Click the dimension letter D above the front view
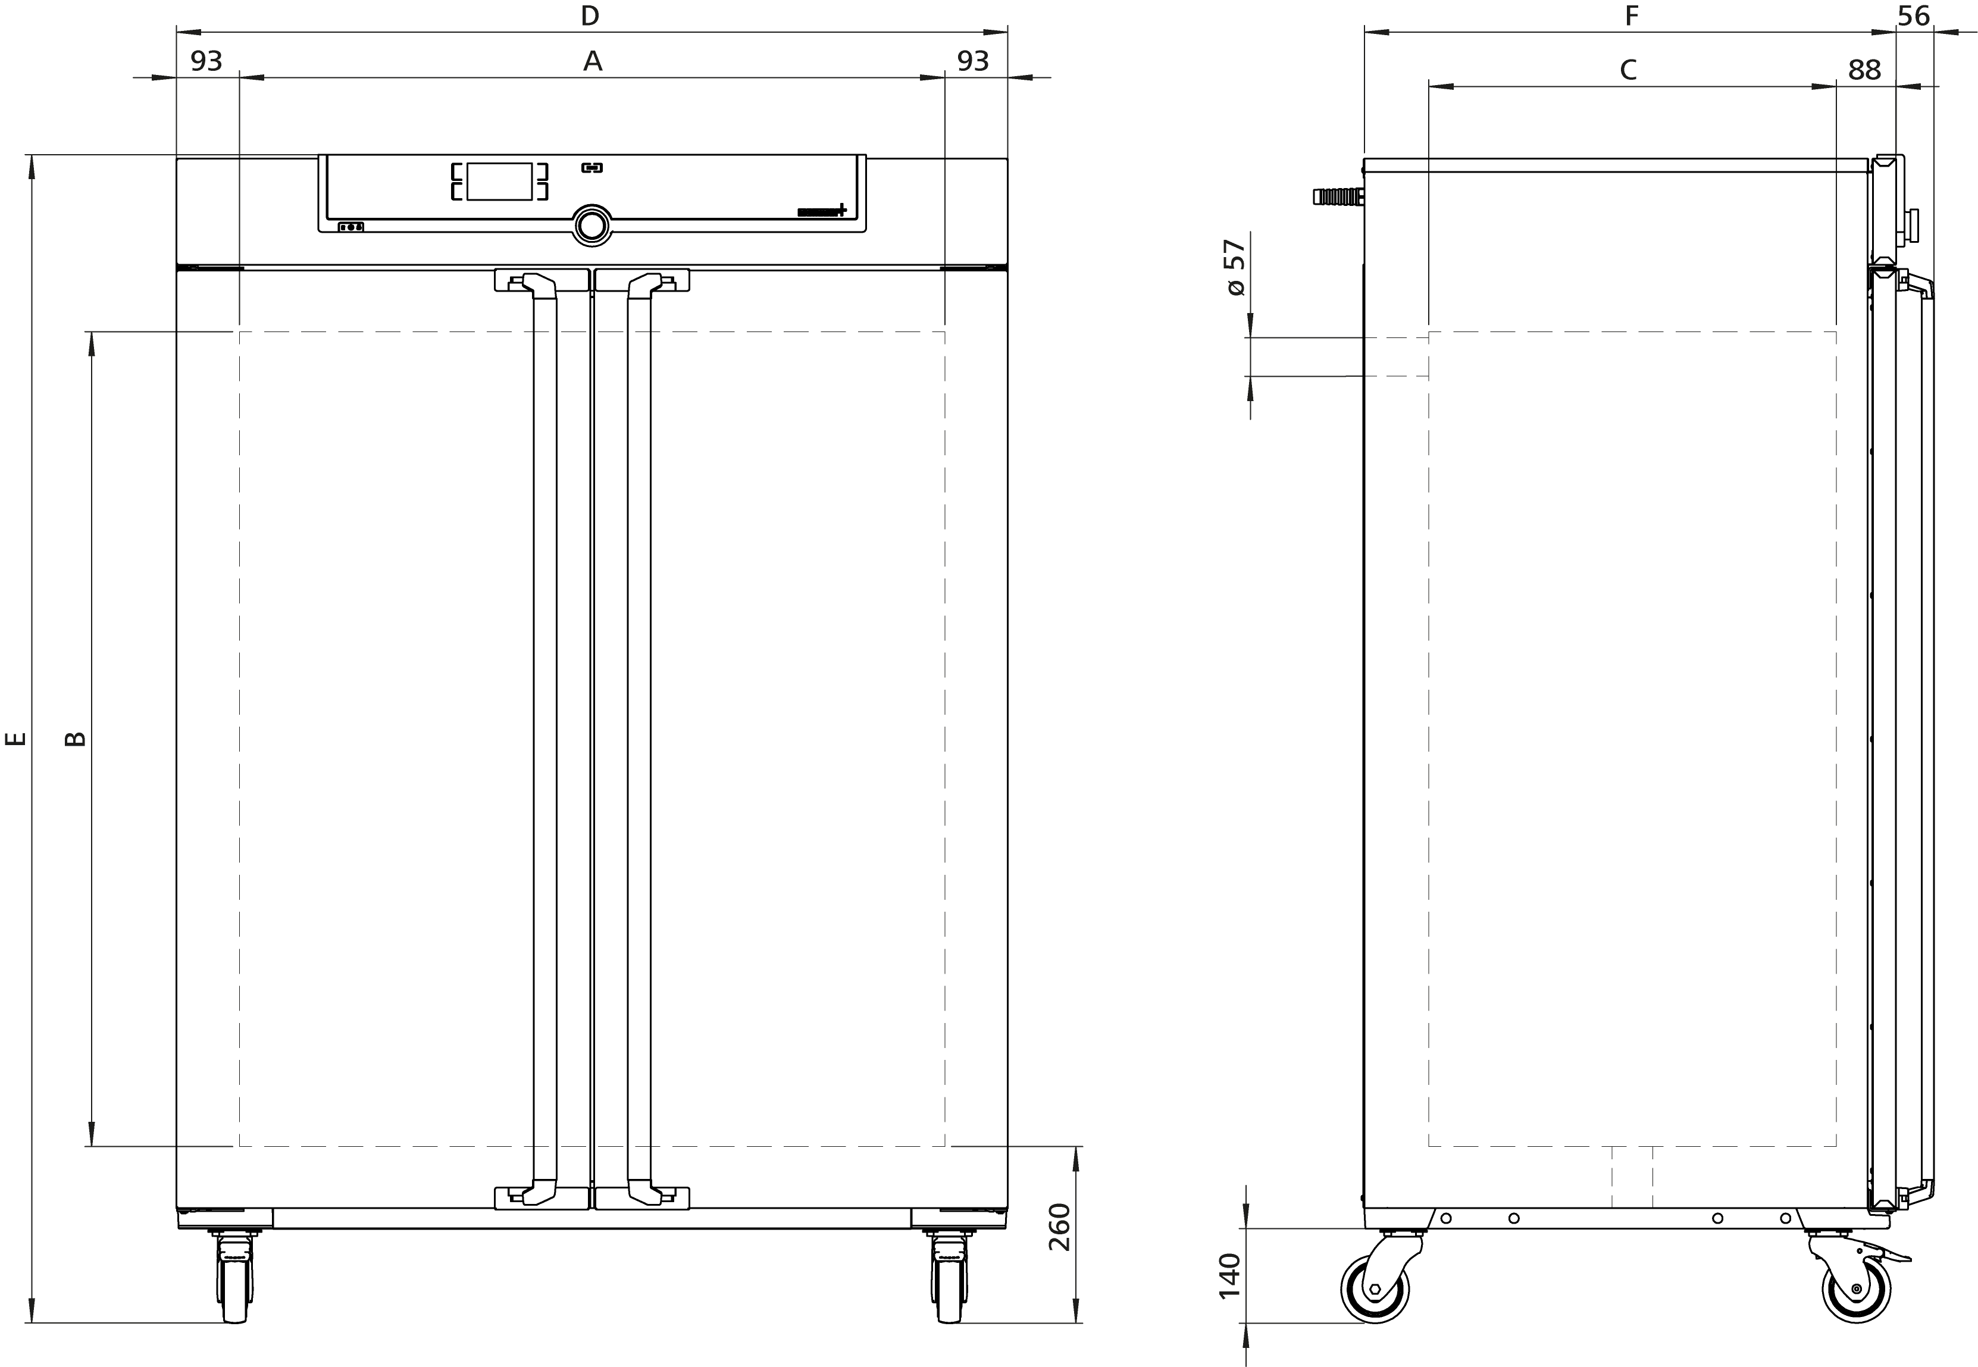589,15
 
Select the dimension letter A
593,61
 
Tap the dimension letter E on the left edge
16,739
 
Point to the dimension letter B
76,739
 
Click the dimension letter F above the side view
1632,15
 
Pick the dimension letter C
1628,70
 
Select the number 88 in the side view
1864,70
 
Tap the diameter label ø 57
1235,268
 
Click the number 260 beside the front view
1060,1227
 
